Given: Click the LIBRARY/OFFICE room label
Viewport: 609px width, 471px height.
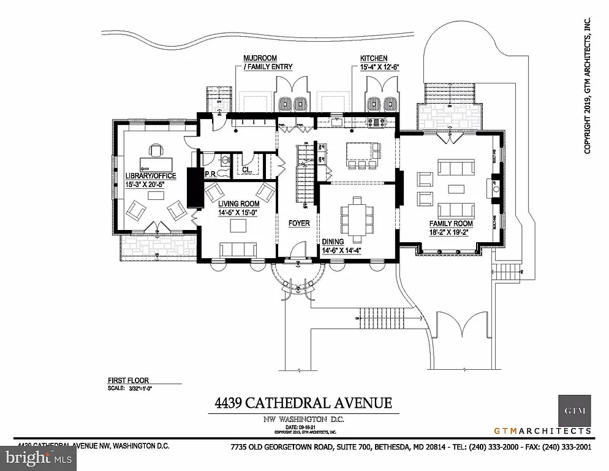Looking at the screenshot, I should pyautogui.click(x=150, y=176).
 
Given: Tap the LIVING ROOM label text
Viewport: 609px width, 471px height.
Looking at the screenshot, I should pyautogui.click(x=238, y=203).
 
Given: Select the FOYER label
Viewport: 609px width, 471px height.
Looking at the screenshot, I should pyautogui.click(x=300, y=223).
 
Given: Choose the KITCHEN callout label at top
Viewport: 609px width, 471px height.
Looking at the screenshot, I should pyautogui.click(x=374, y=58).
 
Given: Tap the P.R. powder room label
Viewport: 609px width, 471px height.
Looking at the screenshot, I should pyautogui.click(x=211, y=173).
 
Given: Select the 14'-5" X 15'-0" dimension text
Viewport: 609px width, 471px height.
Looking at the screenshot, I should pyautogui.click(x=238, y=212).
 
